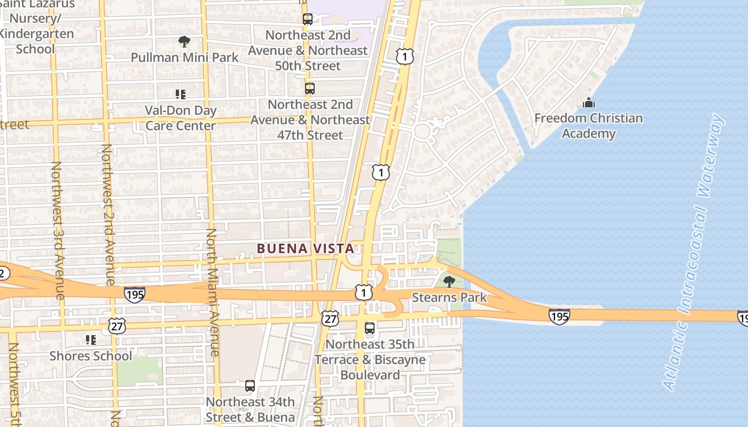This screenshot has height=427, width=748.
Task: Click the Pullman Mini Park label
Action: (x=184, y=57)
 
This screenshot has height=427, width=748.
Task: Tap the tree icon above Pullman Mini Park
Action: (x=184, y=41)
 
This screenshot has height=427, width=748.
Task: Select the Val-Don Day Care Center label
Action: (x=181, y=118)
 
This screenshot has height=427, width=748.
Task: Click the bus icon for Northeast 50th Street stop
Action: (x=308, y=19)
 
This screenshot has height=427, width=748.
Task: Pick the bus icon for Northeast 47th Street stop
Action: (x=310, y=89)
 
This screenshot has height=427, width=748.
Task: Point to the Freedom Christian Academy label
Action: (x=588, y=125)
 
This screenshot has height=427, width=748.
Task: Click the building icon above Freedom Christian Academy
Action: (x=588, y=102)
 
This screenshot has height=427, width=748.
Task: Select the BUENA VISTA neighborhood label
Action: (x=305, y=249)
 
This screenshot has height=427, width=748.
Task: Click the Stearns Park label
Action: (x=449, y=297)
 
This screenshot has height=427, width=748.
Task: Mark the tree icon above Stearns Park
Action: (x=449, y=281)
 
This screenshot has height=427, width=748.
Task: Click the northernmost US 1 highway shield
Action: (x=405, y=56)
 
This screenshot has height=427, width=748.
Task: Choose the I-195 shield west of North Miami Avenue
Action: (x=134, y=294)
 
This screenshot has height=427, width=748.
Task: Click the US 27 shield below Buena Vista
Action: (x=330, y=318)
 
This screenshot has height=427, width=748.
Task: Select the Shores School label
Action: (x=90, y=356)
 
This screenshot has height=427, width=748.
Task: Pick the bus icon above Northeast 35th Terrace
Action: (x=370, y=328)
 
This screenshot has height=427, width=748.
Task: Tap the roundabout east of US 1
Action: (x=422, y=130)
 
